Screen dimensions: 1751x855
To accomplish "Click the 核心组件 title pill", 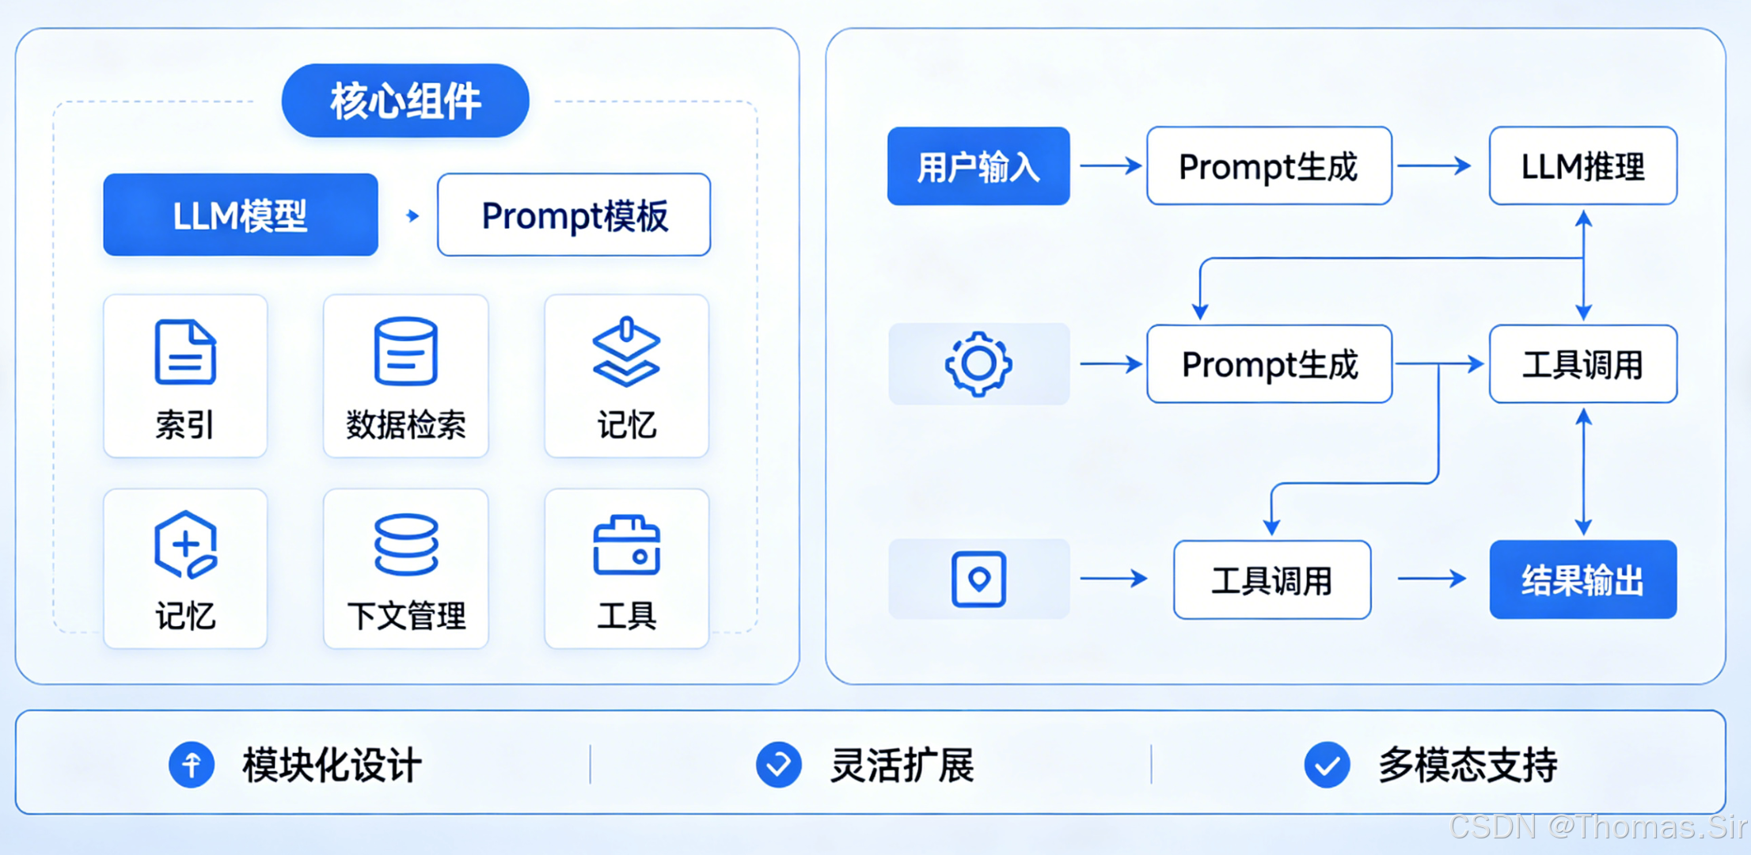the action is pos(405,101).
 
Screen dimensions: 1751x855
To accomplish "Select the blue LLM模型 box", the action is pos(241,215).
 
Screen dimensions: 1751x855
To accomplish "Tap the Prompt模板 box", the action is pos(574,215).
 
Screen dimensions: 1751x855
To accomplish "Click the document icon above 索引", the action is pos(185,352).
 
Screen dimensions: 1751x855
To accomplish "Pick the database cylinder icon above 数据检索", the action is pos(405,351).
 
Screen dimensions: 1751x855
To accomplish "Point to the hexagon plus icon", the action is pos(185,545).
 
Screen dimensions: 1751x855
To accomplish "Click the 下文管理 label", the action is pos(406,615).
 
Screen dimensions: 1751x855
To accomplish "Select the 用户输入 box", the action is pos(978,166).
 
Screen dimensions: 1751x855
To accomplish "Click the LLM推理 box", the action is pos(1583,166).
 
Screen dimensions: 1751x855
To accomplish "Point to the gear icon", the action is pos(978,363).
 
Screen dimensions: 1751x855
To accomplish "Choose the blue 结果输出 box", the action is pos(1583,579).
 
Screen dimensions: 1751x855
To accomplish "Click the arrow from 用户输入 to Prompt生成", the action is pos(1111,165).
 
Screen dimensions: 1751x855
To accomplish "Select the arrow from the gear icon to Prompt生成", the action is pos(1111,363).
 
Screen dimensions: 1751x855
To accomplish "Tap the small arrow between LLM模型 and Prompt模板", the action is pos(412,215).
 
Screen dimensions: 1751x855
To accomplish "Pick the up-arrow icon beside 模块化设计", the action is pos(192,765).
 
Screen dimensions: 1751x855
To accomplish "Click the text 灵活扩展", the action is pos(902,765).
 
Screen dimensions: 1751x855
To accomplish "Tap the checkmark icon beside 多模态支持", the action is pos(1327,765).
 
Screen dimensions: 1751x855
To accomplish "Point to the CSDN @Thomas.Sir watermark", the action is pos(1597,826).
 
